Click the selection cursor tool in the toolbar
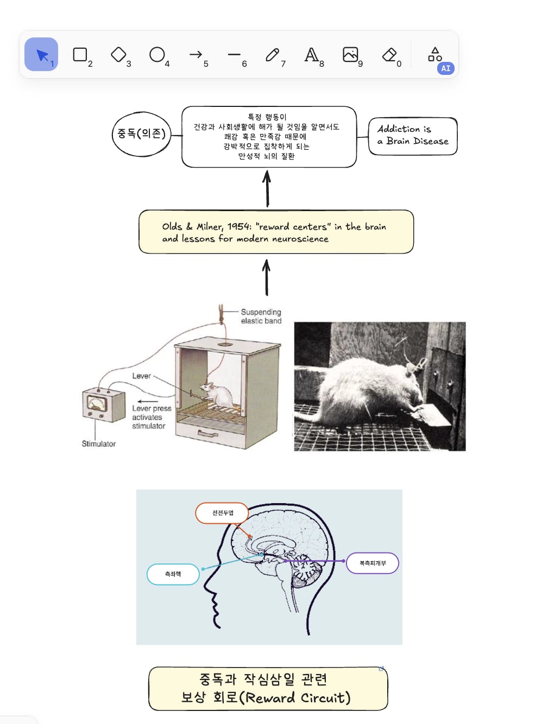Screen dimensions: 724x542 click(x=41, y=54)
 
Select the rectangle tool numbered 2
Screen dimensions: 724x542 click(x=80, y=54)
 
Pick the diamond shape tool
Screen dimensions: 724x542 click(x=118, y=54)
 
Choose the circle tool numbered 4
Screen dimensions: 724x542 click(x=157, y=54)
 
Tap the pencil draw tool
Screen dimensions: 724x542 click(x=272, y=54)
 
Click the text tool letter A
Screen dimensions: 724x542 click(x=311, y=54)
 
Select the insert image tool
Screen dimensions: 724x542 click(x=350, y=54)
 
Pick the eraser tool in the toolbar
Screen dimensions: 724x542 click(x=389, y=54)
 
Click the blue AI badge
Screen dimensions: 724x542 click(x=445, y=68)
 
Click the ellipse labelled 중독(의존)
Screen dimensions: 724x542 click(x=141, y=134)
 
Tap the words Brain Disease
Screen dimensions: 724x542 click(x=417, y=141)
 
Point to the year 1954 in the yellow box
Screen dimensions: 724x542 click(x=239, y=227)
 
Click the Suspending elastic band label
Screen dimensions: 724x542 click(x=261, y=316)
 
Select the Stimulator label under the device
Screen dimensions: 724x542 click(x=99, y=443)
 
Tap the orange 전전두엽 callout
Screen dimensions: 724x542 click(x=222, y=513)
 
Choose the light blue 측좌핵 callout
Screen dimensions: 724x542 click(x=173, y=574)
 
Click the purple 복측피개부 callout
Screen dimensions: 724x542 click(x=373, y=563)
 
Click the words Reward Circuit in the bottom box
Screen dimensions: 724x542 click(x=298, y=698)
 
